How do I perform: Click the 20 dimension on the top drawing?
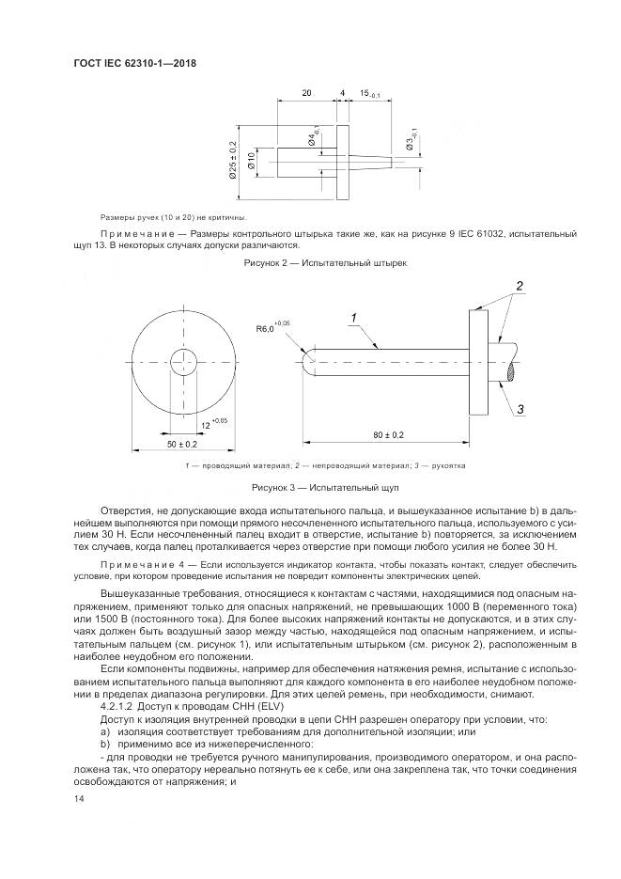(307, 94)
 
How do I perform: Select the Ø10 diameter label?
(251, 161)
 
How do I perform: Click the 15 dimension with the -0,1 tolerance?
(366, 94)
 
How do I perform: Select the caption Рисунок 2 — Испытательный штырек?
(326, 266)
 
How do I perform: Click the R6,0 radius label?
(267, 328)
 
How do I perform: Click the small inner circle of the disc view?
(182, 359)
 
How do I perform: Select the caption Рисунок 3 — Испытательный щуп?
(325, 489)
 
